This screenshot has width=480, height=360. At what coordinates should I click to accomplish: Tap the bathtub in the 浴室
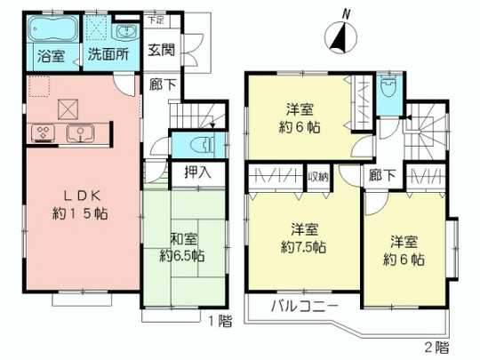point(50,31)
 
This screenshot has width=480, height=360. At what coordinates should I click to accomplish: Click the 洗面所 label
point(107,55)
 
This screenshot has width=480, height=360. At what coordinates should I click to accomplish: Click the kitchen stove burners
point(43,134)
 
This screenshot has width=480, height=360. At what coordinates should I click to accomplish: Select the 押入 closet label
point(196,172)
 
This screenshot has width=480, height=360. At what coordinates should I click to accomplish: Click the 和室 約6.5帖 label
point(181,246)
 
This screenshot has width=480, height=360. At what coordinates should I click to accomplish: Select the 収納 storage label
point(318,177)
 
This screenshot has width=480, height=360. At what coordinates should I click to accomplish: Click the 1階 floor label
point(218,319)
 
